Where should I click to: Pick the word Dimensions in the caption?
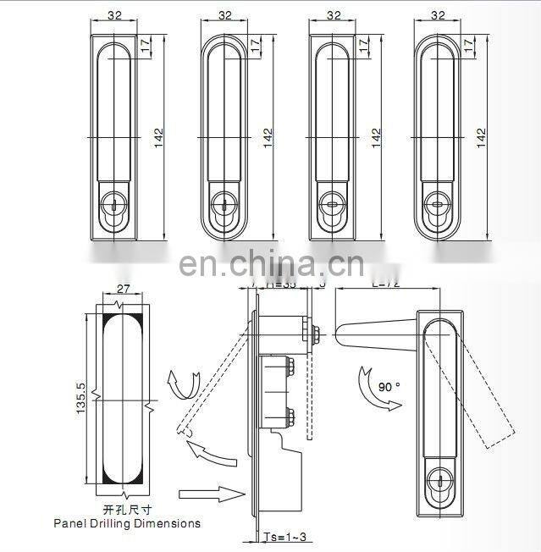pyautogui.click(x=174, y=523)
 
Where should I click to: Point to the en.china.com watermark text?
pyautogui.click(x=270, y=263)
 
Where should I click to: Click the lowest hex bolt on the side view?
pyautogui.click(x=290, y=417)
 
